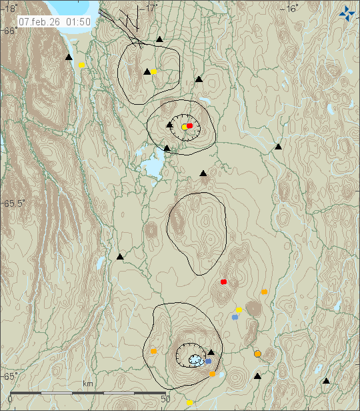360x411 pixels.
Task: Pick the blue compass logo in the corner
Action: coord(347,13)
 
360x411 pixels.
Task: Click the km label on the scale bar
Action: coord(87,384)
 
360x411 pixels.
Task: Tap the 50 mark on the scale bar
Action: coord(166,399)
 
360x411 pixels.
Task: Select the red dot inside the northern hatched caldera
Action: coord(189,125)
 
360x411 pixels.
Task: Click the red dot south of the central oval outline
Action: coord(223,282)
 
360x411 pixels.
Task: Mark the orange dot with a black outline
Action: coord(258,354)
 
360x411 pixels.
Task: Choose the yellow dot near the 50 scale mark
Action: coord(189,402)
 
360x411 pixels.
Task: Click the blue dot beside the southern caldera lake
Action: coord(208,361)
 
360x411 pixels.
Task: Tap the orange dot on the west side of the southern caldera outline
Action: coord(153,351)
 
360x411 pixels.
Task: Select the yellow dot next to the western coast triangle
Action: coord(82,65)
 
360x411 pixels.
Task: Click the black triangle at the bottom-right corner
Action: coord(326,381)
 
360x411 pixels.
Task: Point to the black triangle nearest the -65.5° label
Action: coord(121,256)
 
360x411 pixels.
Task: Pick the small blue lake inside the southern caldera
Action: coord(195,360)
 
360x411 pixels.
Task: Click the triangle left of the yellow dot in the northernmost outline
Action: coord(147,71)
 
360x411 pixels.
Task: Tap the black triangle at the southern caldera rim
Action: coord(211,352)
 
